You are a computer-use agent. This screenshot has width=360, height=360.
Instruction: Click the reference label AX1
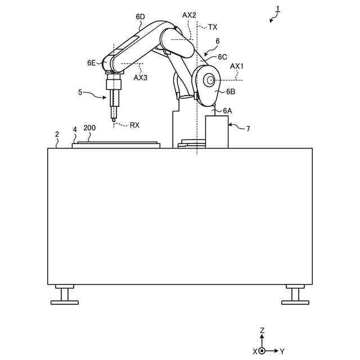tap(237, 66)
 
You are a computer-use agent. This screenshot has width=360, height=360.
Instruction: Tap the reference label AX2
tap(190, 15)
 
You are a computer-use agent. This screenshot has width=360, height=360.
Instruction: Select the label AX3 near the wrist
tap(140, 78)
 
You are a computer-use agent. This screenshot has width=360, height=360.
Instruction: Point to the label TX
tap(213, 26)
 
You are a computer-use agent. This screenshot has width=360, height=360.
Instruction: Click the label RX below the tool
tap(134, 125)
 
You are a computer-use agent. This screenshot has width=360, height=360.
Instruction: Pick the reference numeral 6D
tap(141, 17)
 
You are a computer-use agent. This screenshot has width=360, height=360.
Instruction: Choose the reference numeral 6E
tap(92, 63)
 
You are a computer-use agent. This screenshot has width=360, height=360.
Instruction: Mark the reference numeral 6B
tap(231, 91)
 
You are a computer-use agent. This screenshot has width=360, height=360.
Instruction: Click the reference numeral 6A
tap(227, 110)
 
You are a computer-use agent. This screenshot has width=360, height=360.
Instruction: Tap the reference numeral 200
tap(89, 128)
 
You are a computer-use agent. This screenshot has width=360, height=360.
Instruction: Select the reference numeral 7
tap(247, 129)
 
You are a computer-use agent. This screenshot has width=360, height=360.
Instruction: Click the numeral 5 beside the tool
tap(80, 92)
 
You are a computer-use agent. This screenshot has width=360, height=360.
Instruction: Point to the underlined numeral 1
tap(277, 8)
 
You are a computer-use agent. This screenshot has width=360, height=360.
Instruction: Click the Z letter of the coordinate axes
tap(262, 331)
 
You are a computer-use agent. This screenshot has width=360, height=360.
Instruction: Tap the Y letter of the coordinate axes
tap(282, 351)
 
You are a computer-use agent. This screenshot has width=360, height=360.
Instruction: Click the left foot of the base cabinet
tap(65, 296)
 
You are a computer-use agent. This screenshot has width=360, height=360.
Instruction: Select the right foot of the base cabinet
tap(295, 296)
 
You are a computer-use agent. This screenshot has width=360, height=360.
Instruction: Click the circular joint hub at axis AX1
tap(210, 80)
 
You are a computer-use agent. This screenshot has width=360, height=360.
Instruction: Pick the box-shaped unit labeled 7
tap(217, 132)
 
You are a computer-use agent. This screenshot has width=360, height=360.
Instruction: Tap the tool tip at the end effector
tap(114, 119)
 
